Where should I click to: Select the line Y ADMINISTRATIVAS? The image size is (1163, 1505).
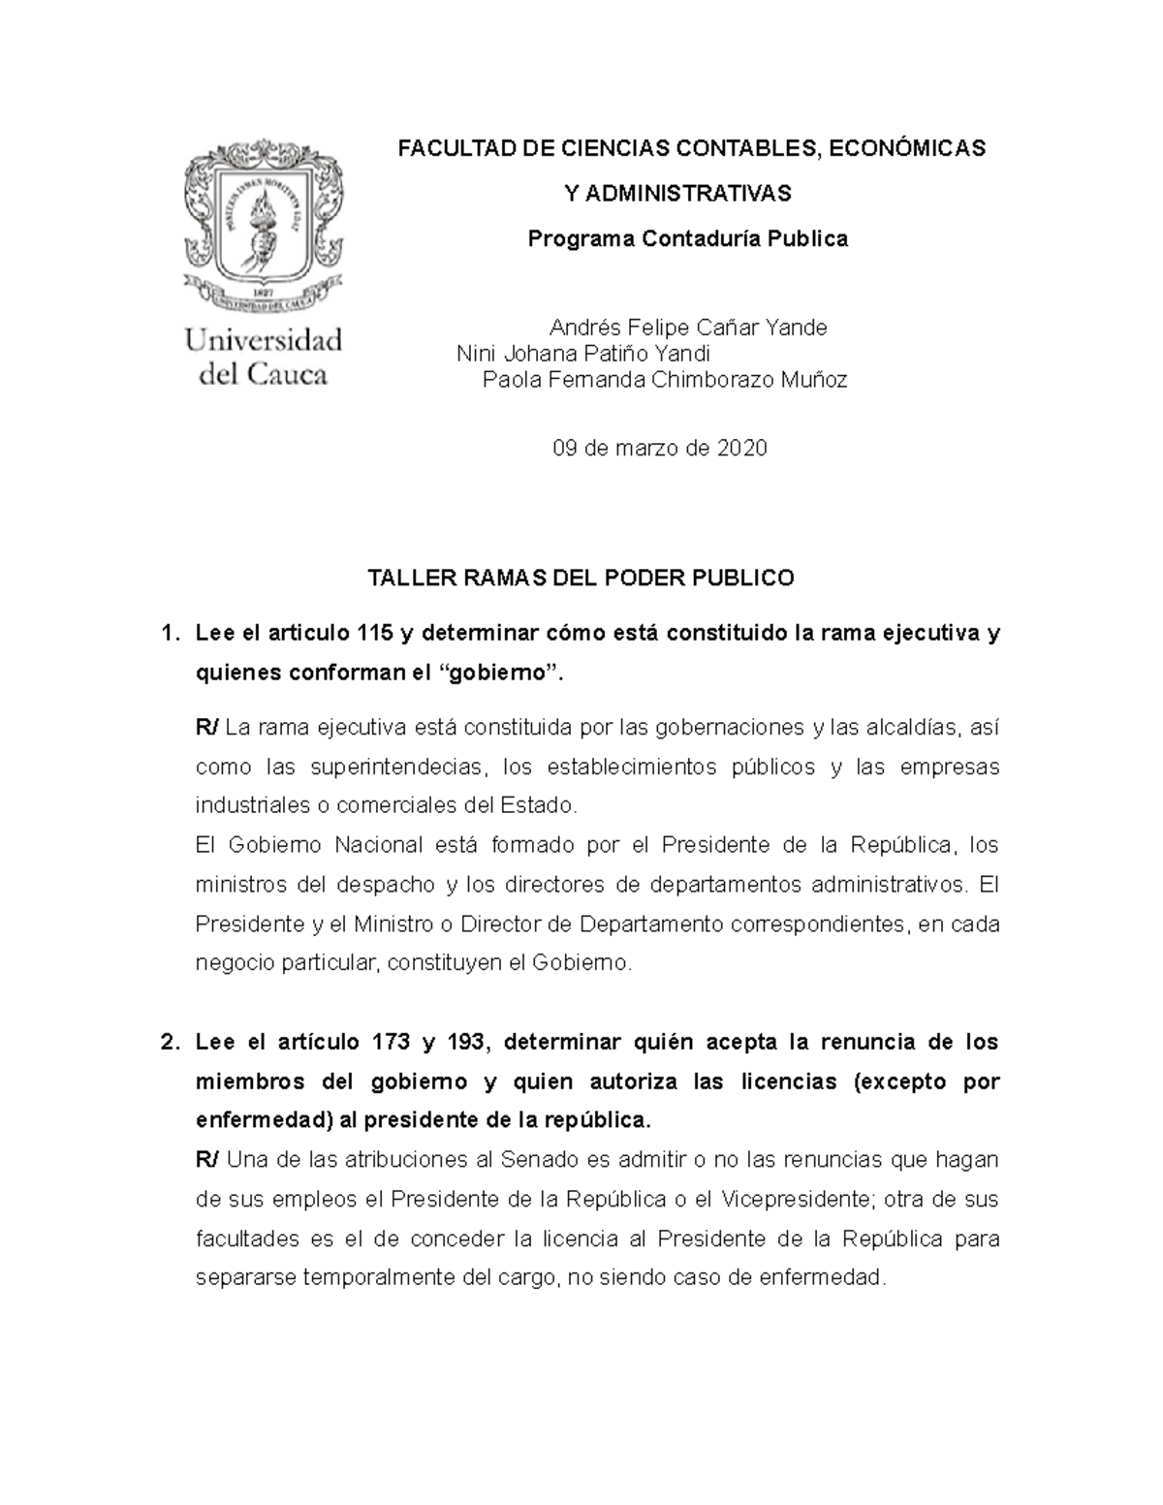click(x=677, y=194)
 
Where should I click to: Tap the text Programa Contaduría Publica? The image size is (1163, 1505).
click(x=687, y=238)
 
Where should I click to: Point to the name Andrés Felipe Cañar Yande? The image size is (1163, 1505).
click(x=688, y=328)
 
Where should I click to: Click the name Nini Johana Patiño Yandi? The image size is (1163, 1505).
click(x=583, y=354)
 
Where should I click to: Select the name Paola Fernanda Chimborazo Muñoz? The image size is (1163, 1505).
click(x=665, y=380)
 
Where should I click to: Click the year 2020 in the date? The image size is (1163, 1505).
click(x=741, y=448)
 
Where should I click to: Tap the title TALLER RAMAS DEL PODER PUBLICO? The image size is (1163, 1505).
click(x=581, y=579)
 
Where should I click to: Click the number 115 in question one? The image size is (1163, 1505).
click(x=374, y=634)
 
